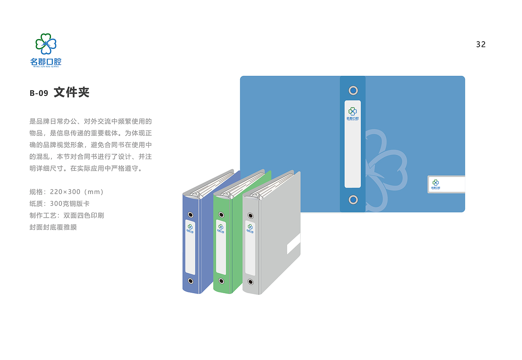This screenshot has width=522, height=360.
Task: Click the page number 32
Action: click(481, 44)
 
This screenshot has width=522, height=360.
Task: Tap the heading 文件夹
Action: click(71, 92)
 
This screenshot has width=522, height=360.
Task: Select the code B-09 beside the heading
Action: click(39, 93)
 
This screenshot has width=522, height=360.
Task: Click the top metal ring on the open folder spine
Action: click(353, 91)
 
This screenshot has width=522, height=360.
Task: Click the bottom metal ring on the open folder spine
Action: click(353, 200)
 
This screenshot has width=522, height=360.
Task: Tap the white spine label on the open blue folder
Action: click(352, 144)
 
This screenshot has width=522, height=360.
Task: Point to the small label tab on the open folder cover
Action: click(446, 184)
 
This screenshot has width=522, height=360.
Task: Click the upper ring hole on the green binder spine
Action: click(221, 215)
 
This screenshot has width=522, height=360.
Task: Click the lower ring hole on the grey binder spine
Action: click(250, 282)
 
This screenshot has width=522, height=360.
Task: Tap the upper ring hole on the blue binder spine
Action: click(190, 214)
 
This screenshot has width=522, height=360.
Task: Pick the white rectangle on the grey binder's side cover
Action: click(294, 244)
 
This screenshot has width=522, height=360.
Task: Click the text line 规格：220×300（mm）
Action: click(67, 192)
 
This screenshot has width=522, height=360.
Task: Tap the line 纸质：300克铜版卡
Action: click(60, 203)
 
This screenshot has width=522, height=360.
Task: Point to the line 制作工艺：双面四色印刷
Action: click(67, 215)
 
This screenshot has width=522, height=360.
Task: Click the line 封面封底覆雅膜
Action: click(53, 227)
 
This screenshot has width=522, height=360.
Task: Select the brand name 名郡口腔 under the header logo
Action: click(46, 62)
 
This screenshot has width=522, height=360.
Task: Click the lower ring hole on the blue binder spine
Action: click(190, 280)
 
